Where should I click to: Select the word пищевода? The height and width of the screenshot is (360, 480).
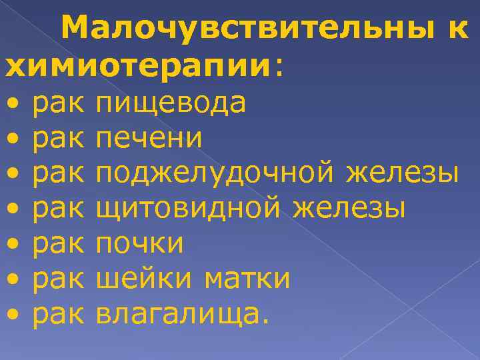(171, 104)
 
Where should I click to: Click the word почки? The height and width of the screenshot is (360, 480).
(139, 243)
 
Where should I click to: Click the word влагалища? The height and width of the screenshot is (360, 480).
(180, 313)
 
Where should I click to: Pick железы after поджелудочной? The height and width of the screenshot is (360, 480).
(403, 174)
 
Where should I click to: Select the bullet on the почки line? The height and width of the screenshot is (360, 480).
(15, 244)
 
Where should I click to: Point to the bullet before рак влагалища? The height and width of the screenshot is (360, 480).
(15, 313)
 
